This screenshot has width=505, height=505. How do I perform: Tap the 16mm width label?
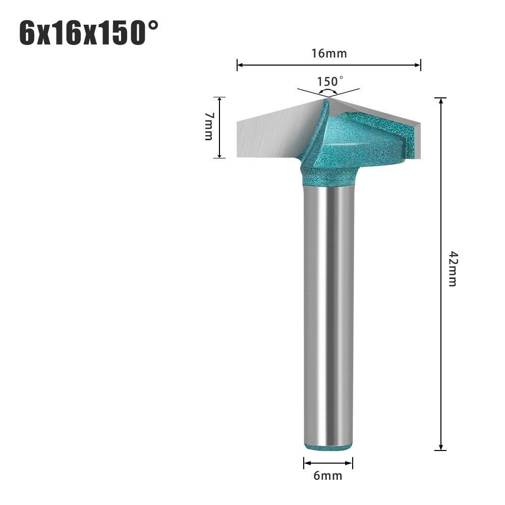tap(329, 53)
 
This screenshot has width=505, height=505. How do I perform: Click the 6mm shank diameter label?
tap(328, 475)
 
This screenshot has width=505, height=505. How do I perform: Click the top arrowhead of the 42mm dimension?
tap(441, 101)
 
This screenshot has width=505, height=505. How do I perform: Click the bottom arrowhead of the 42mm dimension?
tap(441, 446)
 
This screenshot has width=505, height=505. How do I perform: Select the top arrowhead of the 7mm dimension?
tap(219, 100)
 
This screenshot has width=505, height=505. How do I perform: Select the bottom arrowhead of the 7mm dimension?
tap(219, 154)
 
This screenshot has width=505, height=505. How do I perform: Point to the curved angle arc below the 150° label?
tap(328, 92)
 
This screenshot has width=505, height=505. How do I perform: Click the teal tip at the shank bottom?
tap(328, 446)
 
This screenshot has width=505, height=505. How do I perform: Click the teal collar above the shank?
tap(328, 177)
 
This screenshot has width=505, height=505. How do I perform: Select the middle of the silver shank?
tap(328, 313)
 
